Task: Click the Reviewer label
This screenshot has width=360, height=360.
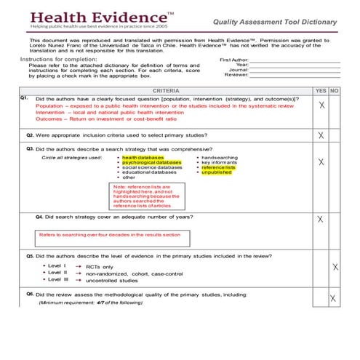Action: point(236,74)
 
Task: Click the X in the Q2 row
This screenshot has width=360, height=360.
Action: point(321,135)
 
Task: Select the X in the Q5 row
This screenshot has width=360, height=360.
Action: point(335,268)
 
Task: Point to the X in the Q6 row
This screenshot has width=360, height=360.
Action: point(332,298)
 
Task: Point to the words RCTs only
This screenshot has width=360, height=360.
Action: point(101,267)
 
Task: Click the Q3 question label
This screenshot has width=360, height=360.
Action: point(30,148)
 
